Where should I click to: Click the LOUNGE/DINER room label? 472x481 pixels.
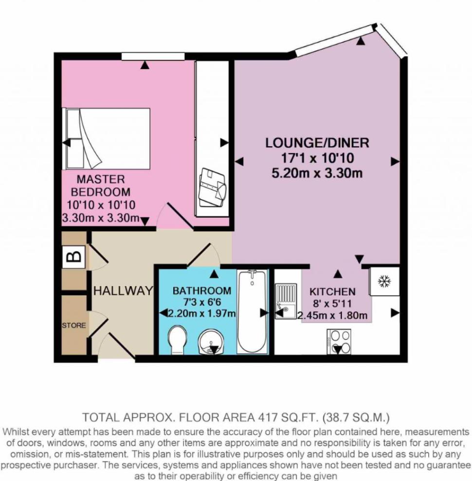pos(317,142)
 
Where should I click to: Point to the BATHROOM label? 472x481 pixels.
pos(201,290)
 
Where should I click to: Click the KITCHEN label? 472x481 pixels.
pos(332,291)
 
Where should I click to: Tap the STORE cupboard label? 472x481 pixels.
pos(73,324)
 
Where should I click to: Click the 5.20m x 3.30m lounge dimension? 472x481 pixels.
pos(317,173)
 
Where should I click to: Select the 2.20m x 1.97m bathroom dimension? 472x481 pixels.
pos(201,313)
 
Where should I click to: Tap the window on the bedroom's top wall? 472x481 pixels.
pos(145,57)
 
